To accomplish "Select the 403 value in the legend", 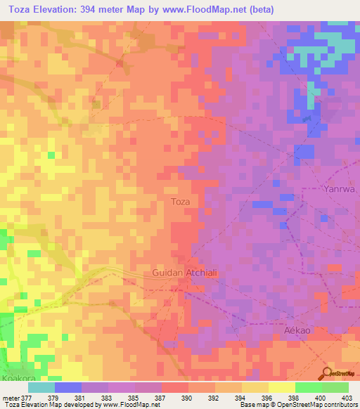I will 348,397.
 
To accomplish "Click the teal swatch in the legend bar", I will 41,387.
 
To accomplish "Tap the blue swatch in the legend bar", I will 68,387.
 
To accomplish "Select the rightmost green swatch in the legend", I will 335,387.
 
